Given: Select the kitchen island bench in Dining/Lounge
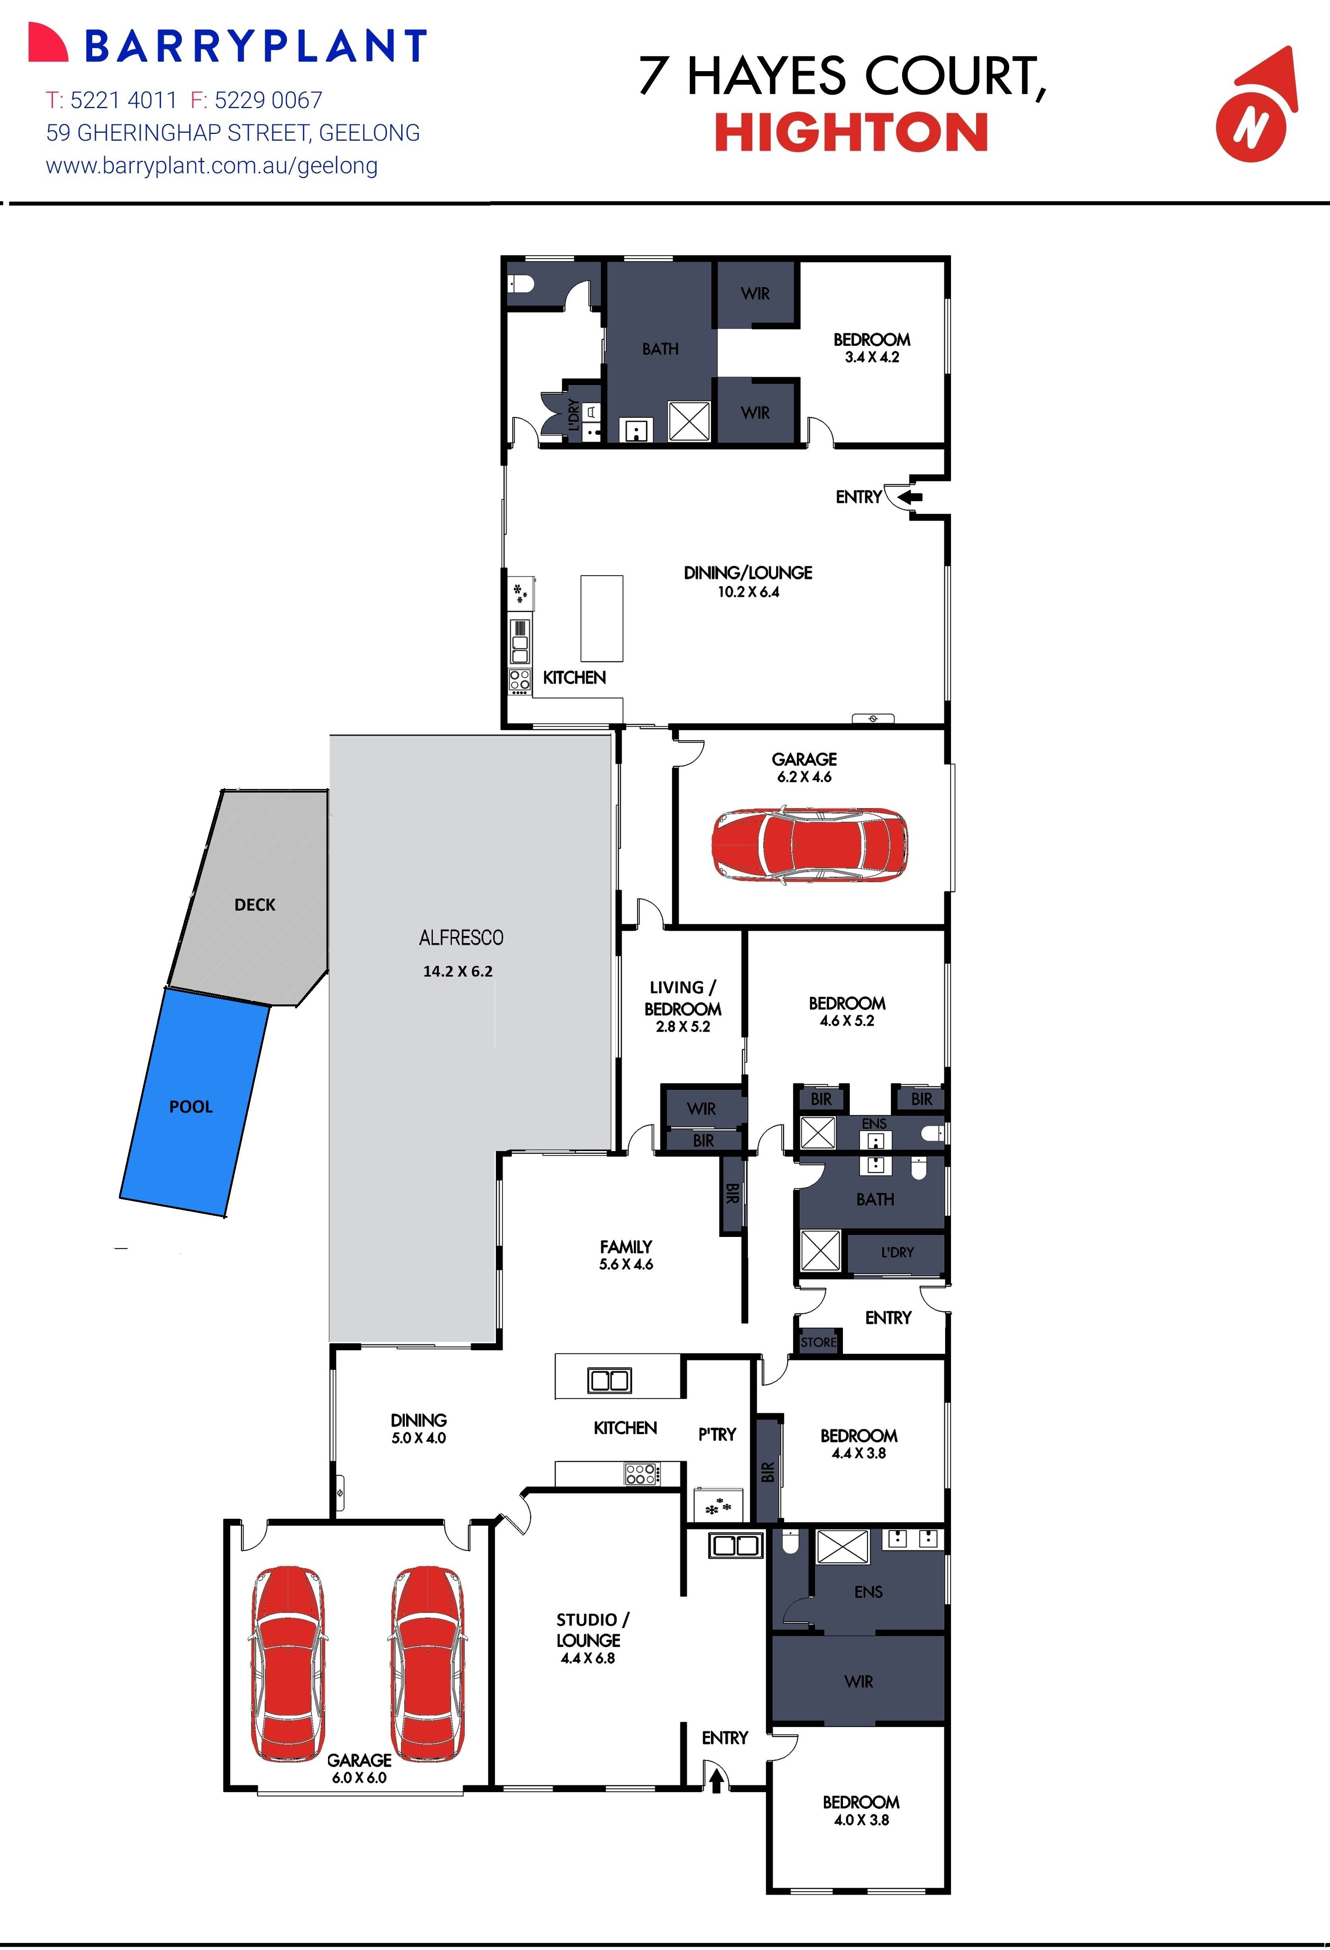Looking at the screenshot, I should click(602, 618).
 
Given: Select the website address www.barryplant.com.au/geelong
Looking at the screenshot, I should click(212, 166).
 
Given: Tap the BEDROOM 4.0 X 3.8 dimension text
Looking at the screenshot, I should click(861, 1820).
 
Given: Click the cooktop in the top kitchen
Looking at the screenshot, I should click(519, 680).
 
